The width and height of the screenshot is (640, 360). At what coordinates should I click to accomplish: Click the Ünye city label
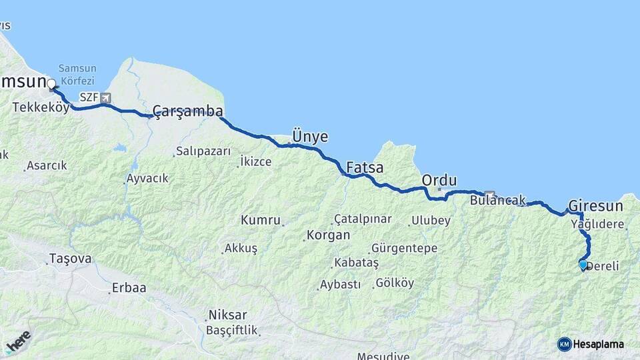pos(311,137)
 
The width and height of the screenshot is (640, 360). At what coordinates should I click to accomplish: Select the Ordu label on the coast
pos(439,180)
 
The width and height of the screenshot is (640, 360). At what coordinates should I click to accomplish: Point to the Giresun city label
pos(595,205)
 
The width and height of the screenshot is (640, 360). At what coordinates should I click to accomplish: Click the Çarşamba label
pos(187,111)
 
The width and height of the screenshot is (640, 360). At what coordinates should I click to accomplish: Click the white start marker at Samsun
pos(51,84)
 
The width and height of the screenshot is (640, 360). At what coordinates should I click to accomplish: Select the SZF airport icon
pos(105,97)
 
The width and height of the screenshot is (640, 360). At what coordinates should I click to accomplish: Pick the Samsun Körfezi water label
pos(77,74)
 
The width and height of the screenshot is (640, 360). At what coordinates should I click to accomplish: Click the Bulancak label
pos(497,200)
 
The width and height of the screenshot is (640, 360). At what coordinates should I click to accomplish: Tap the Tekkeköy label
pos(41,107)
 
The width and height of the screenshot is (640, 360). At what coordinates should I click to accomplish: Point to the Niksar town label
pos(227,315)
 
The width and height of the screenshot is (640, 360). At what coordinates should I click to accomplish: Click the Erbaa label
pos(129,289)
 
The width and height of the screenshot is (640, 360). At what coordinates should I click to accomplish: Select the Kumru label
pos(261,220)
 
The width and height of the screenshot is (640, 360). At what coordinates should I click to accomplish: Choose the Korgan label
pos(328,235)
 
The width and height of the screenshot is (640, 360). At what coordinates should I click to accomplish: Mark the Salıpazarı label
pos(203,151)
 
